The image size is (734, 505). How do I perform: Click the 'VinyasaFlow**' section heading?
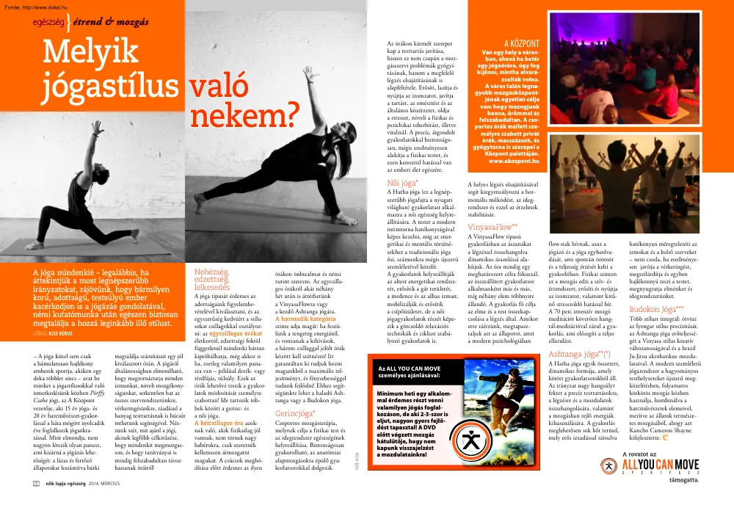pyautogui.click(x=493, y=228)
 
